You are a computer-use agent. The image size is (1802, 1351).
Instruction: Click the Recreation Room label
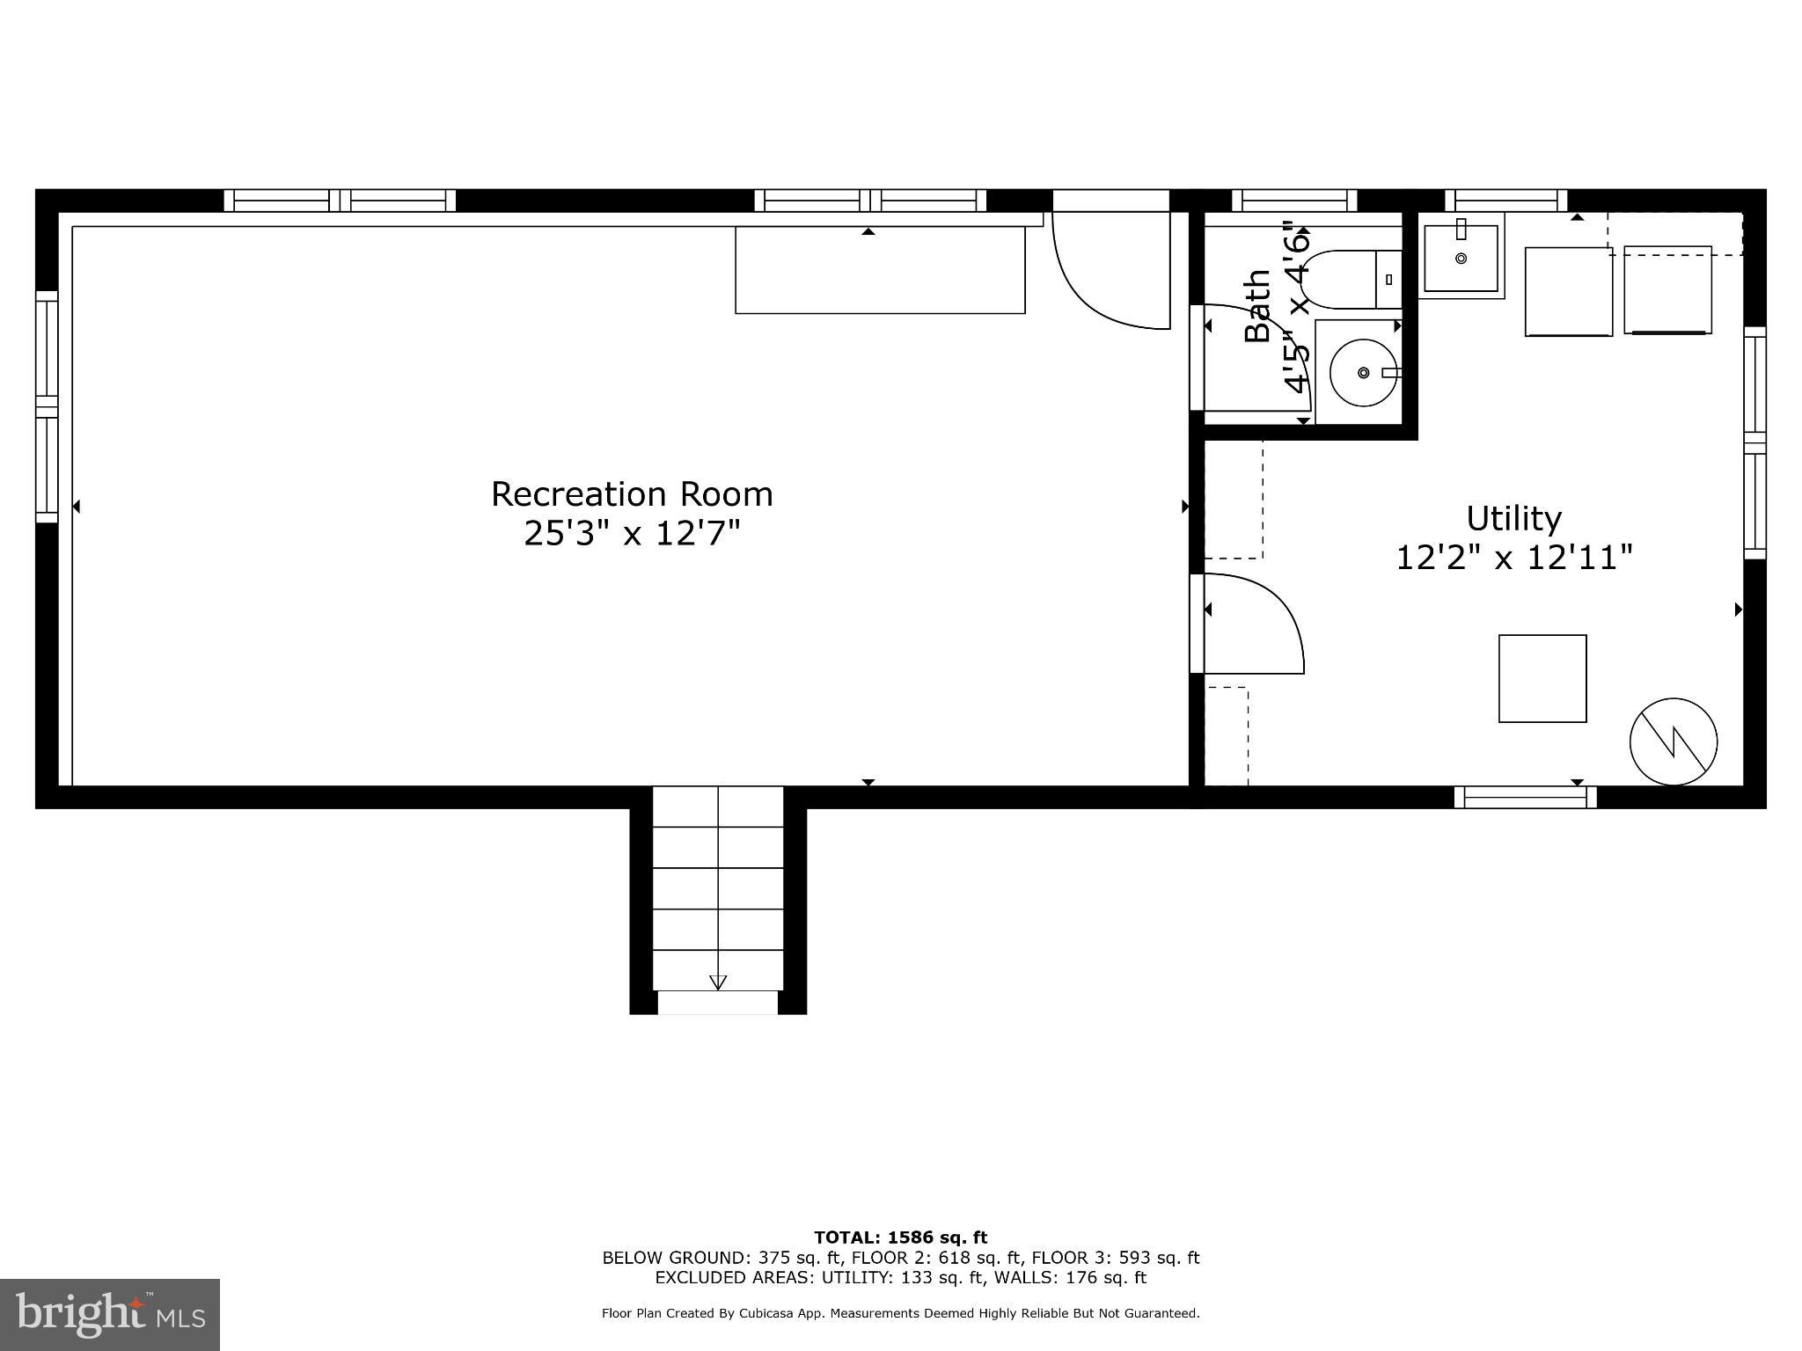click(632, 494)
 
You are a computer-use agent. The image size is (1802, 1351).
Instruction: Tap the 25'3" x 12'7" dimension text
click(632, 533)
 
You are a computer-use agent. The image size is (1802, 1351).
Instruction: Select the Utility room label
click(1513, 518)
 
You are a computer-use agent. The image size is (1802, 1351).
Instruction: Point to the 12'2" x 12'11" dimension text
click(1513, 557)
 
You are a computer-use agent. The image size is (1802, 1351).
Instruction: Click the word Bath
click(1257, 305)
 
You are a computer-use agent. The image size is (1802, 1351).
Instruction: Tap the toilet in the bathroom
click(1346, 280)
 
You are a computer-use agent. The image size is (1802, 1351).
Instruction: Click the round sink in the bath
click(1362, 373)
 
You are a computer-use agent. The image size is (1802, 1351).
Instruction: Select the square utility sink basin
click(1461, 259)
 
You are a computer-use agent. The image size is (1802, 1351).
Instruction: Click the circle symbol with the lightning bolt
click(1673, 741)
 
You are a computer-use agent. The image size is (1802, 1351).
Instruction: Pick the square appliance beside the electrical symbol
click(1542, 679)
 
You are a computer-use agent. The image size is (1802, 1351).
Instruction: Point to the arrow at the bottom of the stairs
click(718, 982)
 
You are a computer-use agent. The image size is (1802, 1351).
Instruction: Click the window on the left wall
click(47, 406)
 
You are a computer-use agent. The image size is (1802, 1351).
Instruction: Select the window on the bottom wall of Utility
click(1525, 798)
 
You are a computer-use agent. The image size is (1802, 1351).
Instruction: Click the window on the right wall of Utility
click(1754, 442)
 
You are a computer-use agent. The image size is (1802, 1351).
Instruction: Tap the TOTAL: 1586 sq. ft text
click(900, 1238)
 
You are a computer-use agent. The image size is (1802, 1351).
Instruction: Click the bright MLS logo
click(110, 1315)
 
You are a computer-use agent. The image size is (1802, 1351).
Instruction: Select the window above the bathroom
click(1293, 201)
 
